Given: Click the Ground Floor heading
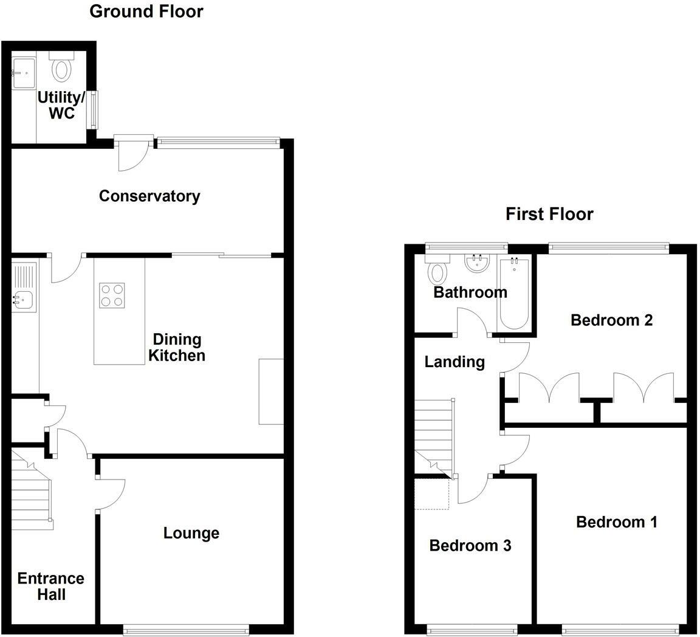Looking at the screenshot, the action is click(x=146, y=11).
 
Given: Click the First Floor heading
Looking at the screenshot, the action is click(x=549, y=214).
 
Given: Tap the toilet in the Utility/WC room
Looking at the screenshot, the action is click(x=61, y=67).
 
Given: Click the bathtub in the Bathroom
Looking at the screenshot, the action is click(x=514, y=294).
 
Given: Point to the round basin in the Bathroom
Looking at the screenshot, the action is click(x=477, y=263).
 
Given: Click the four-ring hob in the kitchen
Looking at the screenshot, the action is click(x=112, y=295).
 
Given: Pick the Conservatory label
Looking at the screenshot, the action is click(x=149, y=196).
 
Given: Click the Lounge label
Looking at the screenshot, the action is click(x=191, y=533).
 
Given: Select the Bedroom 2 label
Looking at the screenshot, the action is click(x=612, y=320).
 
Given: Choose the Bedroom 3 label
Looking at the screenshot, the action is click(x=470, y=545).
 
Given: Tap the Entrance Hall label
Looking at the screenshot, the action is click(x=51, y=587).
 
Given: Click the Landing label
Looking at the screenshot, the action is click(x=455, y=362).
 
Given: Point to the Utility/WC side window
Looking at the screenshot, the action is click(x=92, y=110).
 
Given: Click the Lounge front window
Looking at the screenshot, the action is click(x=186, y=629).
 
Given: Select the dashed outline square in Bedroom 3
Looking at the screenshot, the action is click(x=431, y=494).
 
